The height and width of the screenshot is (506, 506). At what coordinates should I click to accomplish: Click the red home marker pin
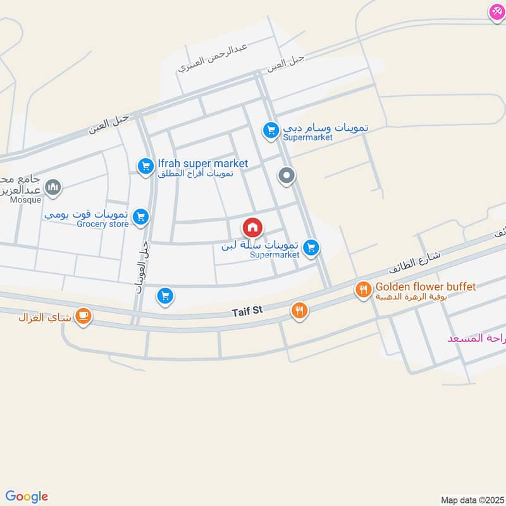coord(252,227)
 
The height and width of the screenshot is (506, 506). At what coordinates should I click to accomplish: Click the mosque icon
coord(52,187)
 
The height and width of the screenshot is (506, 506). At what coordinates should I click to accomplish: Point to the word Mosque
coord(25,201)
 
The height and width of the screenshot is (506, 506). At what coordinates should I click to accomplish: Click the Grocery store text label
coord(102,224)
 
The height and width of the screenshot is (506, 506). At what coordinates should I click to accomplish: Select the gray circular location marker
coord(287,176)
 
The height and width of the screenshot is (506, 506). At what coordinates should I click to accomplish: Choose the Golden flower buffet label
coord(425,287)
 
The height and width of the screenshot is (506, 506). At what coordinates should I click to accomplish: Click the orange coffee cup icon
coord(83,316)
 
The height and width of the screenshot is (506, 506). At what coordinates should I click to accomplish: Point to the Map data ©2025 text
coord(471,500)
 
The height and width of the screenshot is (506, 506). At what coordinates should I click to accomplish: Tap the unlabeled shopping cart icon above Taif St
coord(165,295)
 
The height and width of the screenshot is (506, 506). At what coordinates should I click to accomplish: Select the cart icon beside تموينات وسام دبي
coord(271,131)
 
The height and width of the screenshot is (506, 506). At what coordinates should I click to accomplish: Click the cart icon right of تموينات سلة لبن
coord(311,248)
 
